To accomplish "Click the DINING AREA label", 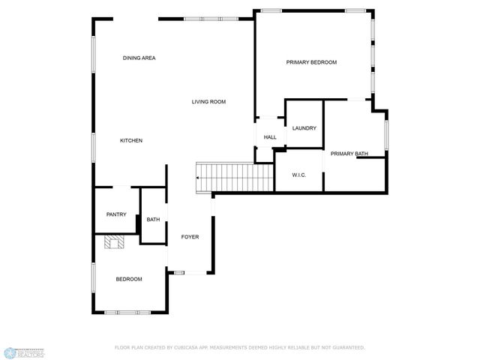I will coord(139,58).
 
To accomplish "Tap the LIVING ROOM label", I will coord(208,102).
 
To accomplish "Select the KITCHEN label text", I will coord(131,141).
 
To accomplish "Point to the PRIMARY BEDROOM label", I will coord(311,62).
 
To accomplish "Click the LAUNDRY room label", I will coord(304,128).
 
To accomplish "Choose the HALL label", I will coord(270,137).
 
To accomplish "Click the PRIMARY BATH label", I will coord(349,154).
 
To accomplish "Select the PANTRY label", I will coord(116,214).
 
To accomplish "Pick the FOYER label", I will coord(190,237).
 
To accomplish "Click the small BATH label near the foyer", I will coord(153,220).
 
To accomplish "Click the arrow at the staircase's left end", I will coord(197,178).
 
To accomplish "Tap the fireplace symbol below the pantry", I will coord(113,241).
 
